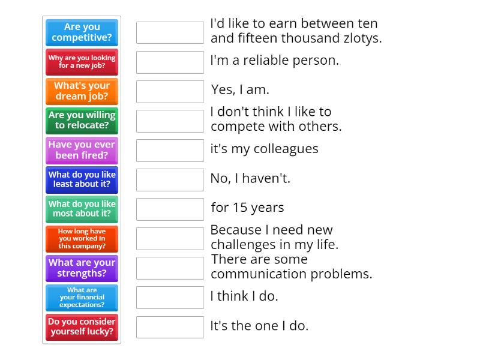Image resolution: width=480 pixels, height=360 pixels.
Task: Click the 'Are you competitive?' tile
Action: coord(82,32)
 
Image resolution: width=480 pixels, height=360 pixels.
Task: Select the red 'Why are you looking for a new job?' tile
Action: coord(82,62)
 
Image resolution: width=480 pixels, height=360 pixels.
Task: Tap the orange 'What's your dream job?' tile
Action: coord(82,91)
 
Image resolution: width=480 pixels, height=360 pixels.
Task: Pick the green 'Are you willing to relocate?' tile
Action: coord(82,121)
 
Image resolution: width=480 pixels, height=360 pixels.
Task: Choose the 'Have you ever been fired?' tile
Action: coord(82,150)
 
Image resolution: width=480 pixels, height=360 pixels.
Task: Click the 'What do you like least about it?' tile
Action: coord(82,179)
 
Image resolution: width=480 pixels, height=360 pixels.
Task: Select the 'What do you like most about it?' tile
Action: coord(82,209)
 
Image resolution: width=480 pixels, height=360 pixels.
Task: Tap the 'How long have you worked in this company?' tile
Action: coord(82,238)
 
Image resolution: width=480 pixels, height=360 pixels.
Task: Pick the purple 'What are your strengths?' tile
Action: coord(82,268)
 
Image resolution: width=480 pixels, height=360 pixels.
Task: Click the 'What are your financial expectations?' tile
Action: coord(82,297)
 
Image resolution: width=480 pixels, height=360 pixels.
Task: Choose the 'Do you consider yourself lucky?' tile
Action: coord(82,326)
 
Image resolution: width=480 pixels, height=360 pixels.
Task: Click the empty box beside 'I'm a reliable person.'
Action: coord(170,62)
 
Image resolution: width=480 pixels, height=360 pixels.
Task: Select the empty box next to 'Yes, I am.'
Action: coord(170,91)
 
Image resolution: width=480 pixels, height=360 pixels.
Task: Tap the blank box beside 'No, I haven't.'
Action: coord(170,179)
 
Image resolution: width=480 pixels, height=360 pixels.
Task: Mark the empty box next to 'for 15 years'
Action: coord(170,209)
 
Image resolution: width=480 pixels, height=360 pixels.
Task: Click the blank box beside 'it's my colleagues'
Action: coord(170,150)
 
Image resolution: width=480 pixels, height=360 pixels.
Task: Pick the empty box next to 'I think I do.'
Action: coord(170,297)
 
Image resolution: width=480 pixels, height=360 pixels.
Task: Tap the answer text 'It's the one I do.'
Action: coord(259,326)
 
